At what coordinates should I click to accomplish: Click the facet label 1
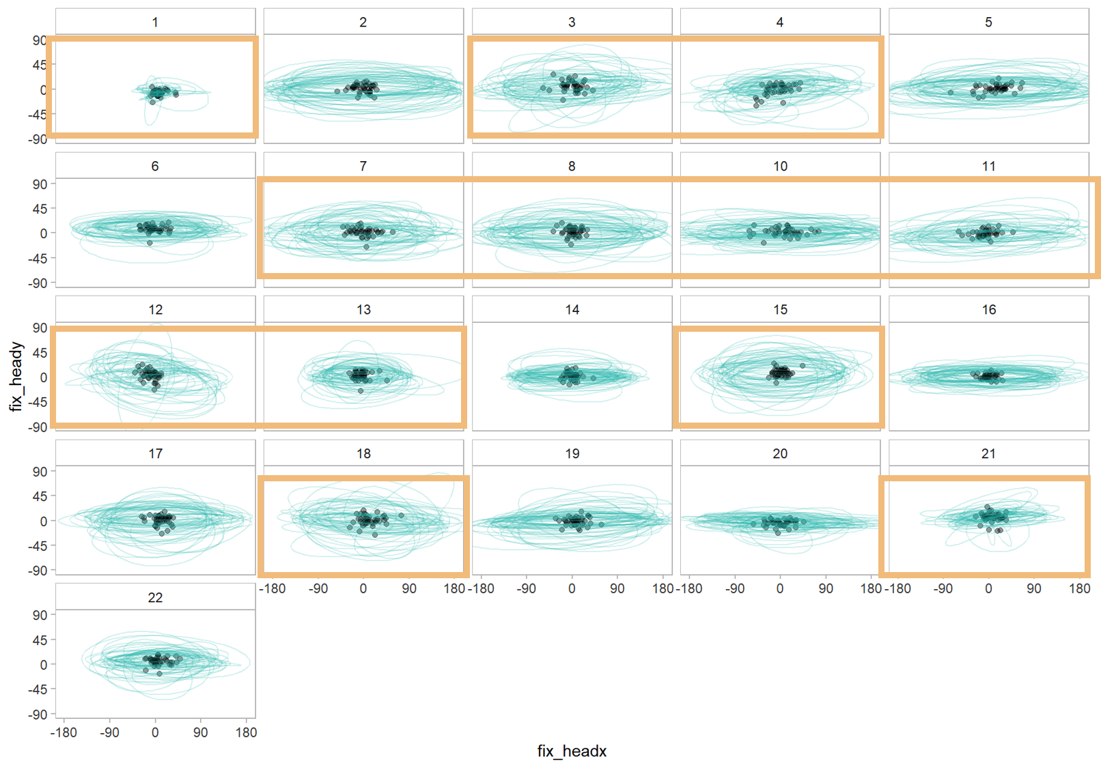(155, 22)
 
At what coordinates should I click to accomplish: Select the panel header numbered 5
(988, 22)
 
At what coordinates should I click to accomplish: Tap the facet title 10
(780, 166)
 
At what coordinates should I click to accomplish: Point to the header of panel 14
(572, 309)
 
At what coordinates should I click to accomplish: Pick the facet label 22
(155, 597)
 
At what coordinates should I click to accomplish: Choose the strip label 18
(363, 453)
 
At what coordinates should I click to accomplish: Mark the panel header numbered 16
(988, 309)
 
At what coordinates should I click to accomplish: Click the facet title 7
(363, 166)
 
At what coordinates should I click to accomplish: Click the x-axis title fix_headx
(572, 751)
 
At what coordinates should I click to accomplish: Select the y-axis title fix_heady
(16, 377)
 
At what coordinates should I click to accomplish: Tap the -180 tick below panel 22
(64, 733)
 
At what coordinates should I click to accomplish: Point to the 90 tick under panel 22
(200, 733)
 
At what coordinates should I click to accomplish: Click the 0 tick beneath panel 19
(572, 588)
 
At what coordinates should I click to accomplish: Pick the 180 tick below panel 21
(1079, 588)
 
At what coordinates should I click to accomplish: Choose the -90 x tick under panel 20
(734, 588)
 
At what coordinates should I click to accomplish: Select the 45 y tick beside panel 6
(40, 209)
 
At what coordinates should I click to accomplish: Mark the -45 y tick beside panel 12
(38, 402)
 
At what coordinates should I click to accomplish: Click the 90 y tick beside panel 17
(40, 472)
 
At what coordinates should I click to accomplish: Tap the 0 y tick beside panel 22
(43, 664)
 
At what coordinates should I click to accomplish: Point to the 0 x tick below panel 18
(363, 588)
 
